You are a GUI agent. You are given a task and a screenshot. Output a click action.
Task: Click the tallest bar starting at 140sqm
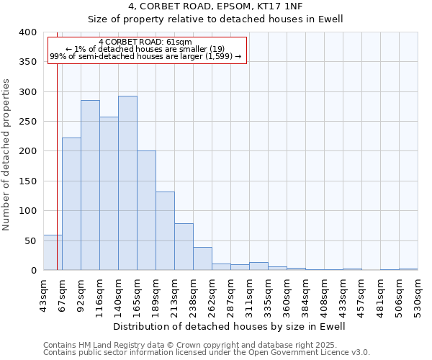(127, 183)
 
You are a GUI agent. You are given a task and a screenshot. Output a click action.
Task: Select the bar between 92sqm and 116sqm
(90, 185)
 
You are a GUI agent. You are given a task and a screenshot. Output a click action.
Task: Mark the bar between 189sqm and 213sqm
(165, 230)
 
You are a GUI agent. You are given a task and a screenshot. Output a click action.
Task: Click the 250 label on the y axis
(27, 122)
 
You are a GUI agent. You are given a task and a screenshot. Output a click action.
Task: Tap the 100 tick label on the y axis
(27, 211)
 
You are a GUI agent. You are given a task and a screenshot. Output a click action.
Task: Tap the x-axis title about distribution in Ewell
(230, 326)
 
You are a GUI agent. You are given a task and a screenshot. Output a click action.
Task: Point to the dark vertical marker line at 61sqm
(57, 144)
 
